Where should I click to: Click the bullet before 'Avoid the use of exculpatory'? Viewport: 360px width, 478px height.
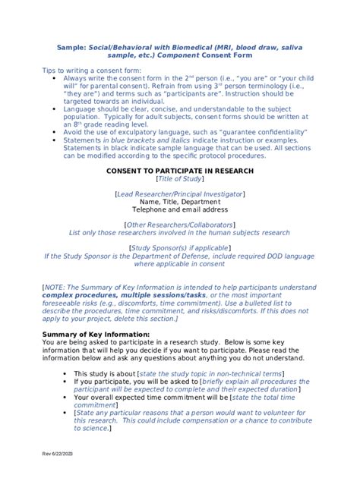(x=52, y=131)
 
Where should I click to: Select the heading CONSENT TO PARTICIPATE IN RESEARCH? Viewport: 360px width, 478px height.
(x=179, y=171)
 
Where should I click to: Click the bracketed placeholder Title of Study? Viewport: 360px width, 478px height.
(x=179, y=179)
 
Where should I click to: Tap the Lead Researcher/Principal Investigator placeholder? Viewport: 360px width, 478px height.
(x=179, y=194)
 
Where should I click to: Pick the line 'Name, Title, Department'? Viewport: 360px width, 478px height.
(x=179, y=202)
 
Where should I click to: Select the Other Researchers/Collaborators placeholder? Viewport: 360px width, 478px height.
(x=179, y=225)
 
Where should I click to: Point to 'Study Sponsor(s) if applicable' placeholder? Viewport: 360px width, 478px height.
(x=179, y=248)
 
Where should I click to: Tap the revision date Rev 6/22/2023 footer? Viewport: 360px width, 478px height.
(x=58, y=454)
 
